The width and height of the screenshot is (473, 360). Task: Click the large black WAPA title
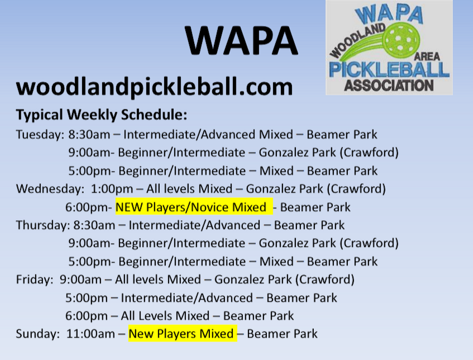click(242, 40)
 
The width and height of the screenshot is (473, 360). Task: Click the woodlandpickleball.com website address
click(155, 87)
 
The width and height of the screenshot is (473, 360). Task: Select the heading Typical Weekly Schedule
click(102, 115)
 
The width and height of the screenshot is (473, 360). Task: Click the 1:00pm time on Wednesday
click(112, 189)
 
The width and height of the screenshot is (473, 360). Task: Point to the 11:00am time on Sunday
click(90, 334)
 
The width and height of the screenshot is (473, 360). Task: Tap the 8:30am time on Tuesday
click(89, 135)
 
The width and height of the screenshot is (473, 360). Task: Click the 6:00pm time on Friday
click(87, 316)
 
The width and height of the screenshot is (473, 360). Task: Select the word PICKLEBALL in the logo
click(389, 69)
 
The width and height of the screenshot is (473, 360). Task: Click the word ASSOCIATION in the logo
click(389, 86)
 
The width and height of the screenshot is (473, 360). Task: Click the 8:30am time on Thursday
click(94, 225)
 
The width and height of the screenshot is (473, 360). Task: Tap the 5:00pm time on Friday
click(87, 298)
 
